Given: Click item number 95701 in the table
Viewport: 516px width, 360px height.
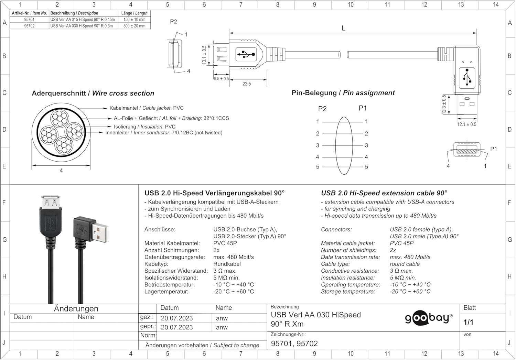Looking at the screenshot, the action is (x=29, y=20).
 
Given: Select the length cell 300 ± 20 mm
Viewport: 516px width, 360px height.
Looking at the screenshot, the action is (x=134, y=26).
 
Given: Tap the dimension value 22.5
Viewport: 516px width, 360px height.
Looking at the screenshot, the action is (x=247, y=84).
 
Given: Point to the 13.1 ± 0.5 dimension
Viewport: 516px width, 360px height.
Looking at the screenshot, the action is (x=204, y=55).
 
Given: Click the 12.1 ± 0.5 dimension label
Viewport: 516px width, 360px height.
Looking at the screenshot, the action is (x=467, y=124).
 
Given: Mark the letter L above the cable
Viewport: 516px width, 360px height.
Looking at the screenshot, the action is (x=343, y=28).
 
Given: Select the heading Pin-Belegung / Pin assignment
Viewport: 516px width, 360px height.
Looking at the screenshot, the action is (x=343, y=93).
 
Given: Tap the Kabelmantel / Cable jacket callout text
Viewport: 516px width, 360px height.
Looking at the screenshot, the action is (x=147, y=108).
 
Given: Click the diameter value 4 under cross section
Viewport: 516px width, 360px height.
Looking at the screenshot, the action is (x=61, y=171).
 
